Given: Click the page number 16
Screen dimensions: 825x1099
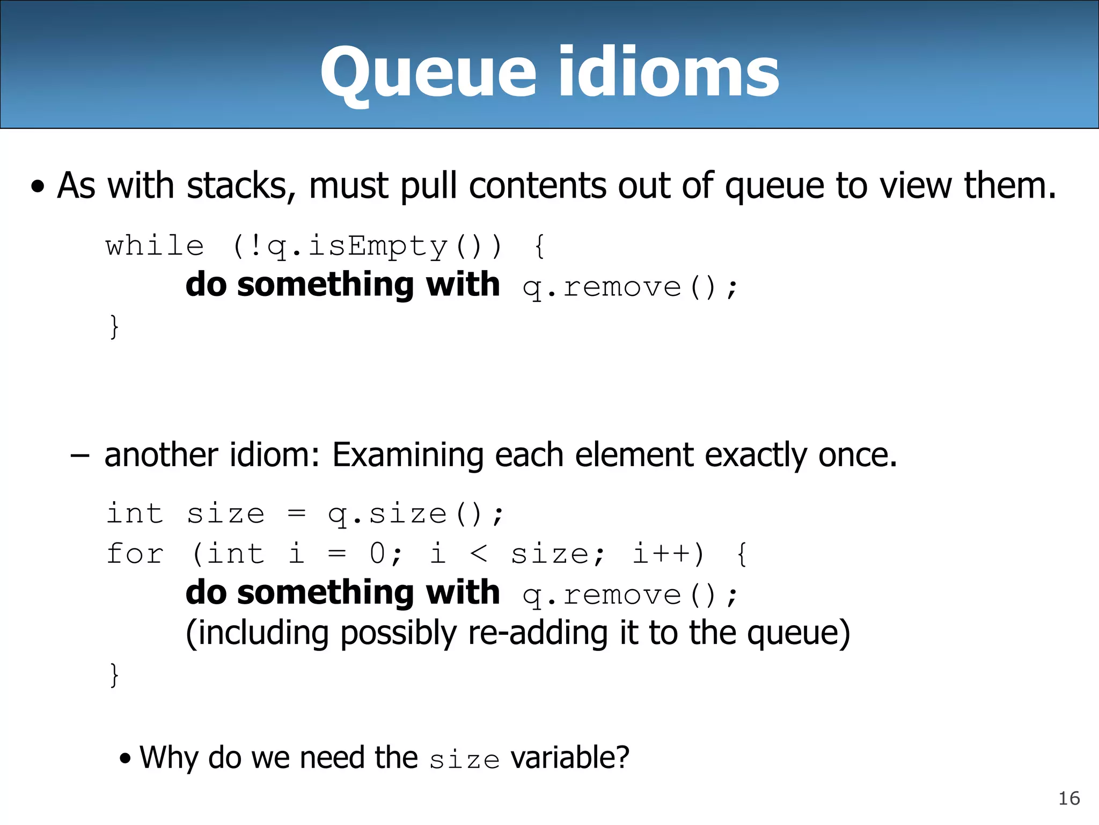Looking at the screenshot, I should click(x=1068, y=799).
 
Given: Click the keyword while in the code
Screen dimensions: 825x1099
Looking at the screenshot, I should click(x=155, y=247).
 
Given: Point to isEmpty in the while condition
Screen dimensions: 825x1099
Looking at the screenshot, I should click(x=377, y=247).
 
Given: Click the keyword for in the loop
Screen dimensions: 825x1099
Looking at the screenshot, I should click(x=135, y=554).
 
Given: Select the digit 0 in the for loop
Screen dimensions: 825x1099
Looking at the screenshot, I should click(x=378, y=554).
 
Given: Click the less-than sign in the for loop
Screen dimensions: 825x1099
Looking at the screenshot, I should click(x=478, y=554).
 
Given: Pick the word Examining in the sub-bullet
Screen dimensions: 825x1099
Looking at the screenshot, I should click(x=408, y=455).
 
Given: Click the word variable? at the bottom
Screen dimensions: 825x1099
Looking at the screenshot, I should click(x=569, y=758).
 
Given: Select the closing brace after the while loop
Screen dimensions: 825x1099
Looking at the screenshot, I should click(x=114, y=326).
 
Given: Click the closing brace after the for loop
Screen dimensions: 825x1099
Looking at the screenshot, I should click(x=114, y=674).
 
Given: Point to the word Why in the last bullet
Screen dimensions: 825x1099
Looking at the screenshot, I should click(x=170, y=758).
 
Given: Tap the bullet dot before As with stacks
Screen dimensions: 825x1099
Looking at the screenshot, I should click(x=38, y=188).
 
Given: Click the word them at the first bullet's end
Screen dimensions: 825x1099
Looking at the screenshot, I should click(x=1009, y=186).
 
